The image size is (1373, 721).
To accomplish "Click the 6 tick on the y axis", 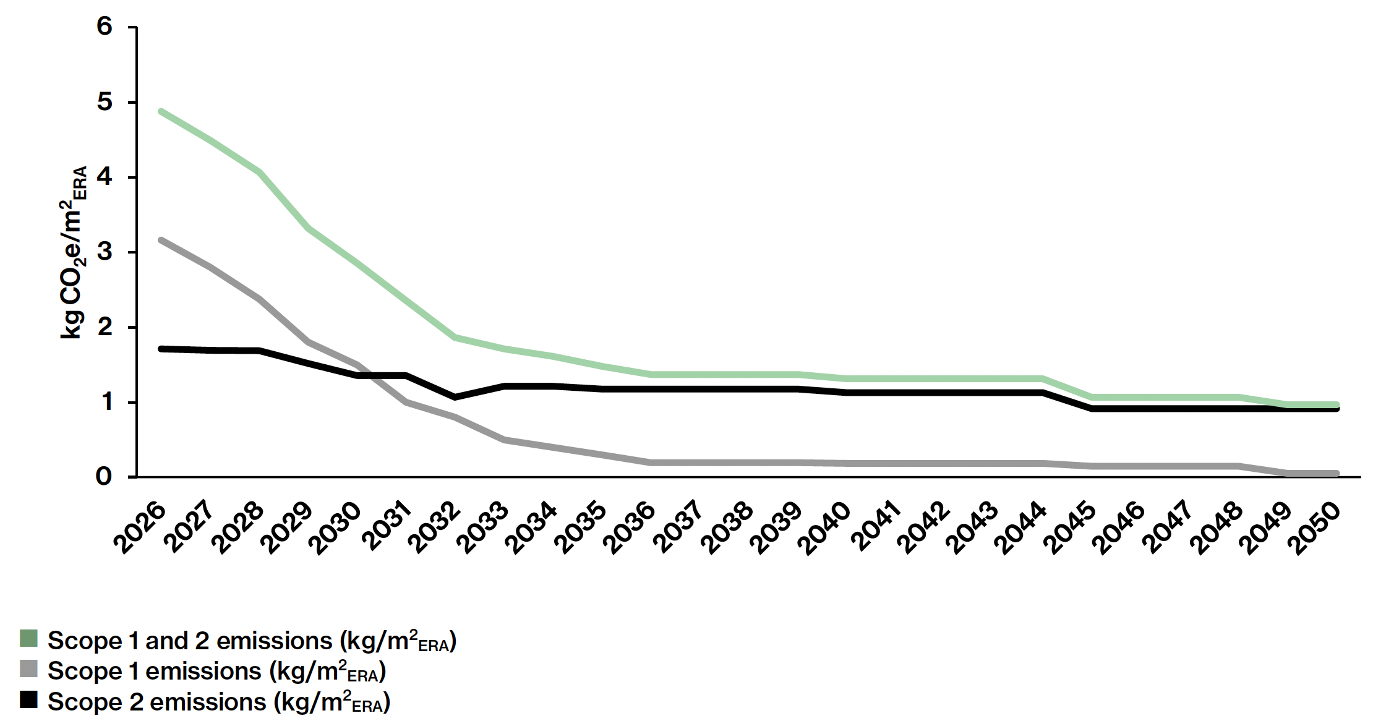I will pos(105,27).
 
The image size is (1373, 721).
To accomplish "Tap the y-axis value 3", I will pos(105,252).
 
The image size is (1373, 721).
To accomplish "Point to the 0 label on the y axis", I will pos(105,476).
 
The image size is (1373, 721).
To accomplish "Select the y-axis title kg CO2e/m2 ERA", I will pos(74,252).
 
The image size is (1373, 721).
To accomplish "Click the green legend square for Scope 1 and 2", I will pos(28,638).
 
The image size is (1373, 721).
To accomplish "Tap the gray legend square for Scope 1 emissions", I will pos(28,669).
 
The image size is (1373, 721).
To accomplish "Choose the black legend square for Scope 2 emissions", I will pos(28,700).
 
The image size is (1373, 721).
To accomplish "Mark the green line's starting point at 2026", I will pos(161,111).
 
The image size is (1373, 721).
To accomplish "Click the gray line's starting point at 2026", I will pos(161,240).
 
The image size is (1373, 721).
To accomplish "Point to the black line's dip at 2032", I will pos(455,397).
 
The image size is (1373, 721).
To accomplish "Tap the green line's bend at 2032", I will pos(455,337).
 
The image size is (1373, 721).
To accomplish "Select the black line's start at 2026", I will pos(161,349).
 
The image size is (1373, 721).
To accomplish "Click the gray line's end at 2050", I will pos(1337,474).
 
